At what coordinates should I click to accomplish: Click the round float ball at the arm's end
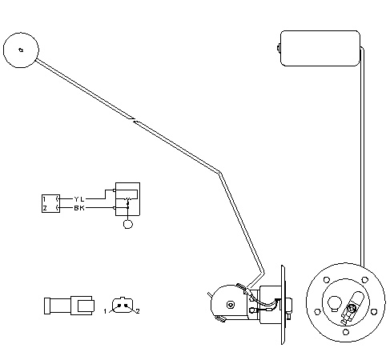21,50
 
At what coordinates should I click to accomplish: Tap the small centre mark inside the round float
21,50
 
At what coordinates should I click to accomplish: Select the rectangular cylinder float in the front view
320,48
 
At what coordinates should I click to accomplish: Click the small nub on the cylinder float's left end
279,48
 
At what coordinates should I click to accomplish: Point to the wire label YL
79,199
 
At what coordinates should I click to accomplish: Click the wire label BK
79,208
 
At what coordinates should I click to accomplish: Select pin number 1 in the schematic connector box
45,199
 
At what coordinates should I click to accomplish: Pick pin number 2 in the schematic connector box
45,208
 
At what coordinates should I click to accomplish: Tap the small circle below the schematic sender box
128,224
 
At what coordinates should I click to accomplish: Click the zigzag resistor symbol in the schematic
128,199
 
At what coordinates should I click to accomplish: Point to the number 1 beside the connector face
105,311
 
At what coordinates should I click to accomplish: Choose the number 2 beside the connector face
138,311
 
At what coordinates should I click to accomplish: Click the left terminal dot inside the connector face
119,306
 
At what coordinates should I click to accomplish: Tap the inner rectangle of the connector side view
86,306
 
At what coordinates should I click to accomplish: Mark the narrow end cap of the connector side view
47,306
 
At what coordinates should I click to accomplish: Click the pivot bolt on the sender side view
231,304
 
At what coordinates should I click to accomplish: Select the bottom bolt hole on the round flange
346,332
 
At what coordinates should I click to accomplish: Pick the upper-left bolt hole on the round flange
327,280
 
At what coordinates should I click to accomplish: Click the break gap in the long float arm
134,120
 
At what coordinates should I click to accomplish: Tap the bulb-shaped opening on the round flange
335,303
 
